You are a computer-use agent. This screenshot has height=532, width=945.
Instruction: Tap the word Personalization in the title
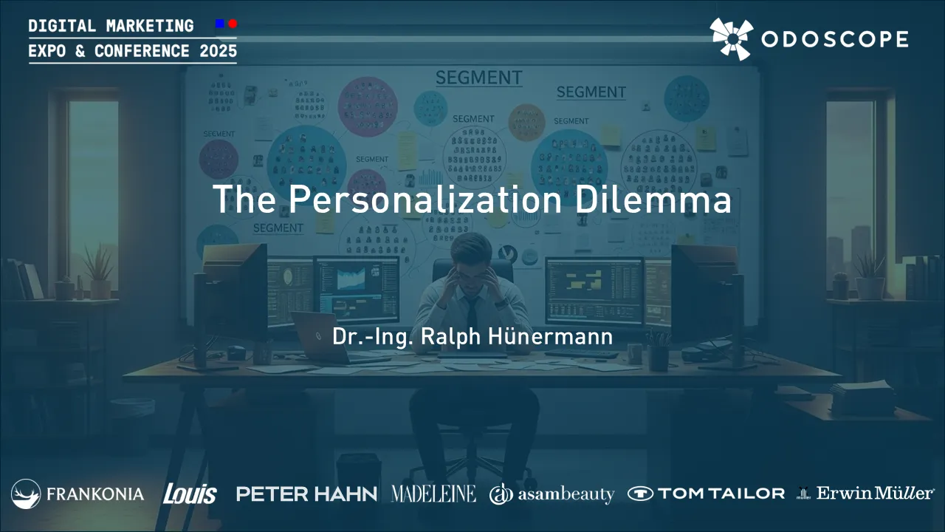(x=425, y=199)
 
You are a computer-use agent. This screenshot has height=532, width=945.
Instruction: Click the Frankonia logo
(x=78, y=494)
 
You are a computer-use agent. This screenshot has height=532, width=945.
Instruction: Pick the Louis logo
(x=190, y=494)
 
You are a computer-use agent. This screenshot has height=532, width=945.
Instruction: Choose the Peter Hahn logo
(x=306, y=494)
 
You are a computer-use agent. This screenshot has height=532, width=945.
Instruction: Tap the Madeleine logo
(x=433, y=494)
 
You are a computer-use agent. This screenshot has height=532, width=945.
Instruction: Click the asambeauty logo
(x=551, y=494)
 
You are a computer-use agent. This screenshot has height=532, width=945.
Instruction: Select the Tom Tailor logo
(x=706, y=494)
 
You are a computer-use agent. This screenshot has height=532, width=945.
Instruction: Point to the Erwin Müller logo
(x=865, y=494)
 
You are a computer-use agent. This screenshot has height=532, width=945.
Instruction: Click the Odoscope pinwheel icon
(x=731, y=38)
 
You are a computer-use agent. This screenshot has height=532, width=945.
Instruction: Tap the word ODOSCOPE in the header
(x=834, y=39)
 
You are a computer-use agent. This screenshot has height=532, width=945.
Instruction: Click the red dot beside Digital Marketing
(x=233, y=24)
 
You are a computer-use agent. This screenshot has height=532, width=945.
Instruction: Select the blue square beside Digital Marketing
(x=219, y=24)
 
